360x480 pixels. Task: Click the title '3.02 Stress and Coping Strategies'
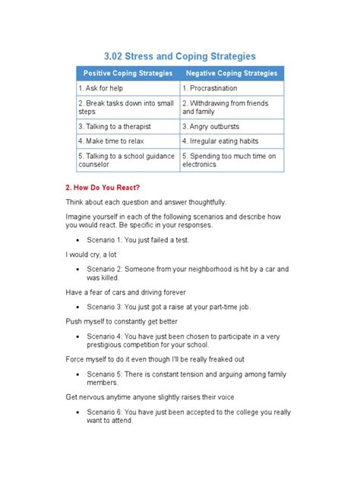click(x=180, y=56)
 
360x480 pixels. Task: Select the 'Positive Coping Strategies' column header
click(x=127, y=74)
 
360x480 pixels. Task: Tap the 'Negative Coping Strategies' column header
click(x=231, y=74)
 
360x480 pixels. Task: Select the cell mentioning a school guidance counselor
click(x=127, y=160)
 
